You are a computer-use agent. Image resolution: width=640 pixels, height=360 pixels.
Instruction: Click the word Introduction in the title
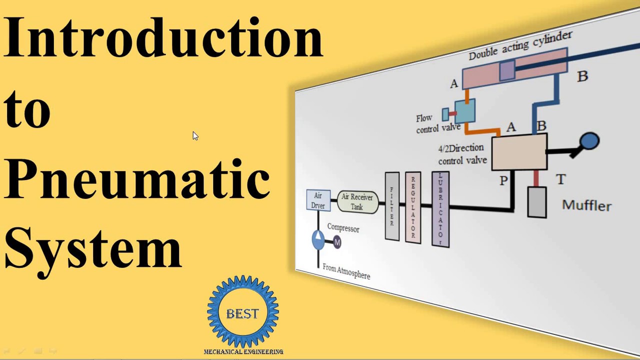click(x=163, y=37)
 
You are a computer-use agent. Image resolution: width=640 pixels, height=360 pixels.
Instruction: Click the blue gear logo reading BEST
click(x=243, y=312)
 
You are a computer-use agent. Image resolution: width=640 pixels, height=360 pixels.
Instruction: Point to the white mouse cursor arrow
click(x=195, y=136)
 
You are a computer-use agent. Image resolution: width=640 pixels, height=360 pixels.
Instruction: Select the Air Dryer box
click(x=318, y=200)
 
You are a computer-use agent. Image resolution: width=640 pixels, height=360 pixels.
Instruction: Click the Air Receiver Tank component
click(x=357, y=201)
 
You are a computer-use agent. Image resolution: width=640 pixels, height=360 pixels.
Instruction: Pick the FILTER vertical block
click(x=392, y=206)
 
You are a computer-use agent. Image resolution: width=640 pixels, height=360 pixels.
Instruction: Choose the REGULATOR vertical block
click(x=413, y=207)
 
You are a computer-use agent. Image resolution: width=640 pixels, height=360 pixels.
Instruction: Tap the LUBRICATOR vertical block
click(x=440, y=209)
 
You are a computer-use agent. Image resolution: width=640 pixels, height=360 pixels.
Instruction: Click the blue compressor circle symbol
click(x=318, y=239)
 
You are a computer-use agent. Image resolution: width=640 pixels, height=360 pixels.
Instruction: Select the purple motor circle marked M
click(x=337, y=242)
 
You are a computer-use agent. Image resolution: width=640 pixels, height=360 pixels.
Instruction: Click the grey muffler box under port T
click(x=536, y=202)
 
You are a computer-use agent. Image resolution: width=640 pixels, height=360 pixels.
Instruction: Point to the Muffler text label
click(x=586, y=205)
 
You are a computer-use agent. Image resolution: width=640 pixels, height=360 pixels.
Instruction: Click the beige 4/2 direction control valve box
click(x=519, y=152)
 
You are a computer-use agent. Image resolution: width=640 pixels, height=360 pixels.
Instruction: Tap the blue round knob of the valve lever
click(x=590, y=141)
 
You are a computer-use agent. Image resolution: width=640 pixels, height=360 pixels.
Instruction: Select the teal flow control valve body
click(x=464, y=111)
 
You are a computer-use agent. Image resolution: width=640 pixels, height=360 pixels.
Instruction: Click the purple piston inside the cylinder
click(x=507, y=71)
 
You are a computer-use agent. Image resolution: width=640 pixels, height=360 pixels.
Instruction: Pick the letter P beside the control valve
click(x=503, y=180)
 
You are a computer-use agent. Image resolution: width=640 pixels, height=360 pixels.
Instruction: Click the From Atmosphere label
click(x=346, y=271)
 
